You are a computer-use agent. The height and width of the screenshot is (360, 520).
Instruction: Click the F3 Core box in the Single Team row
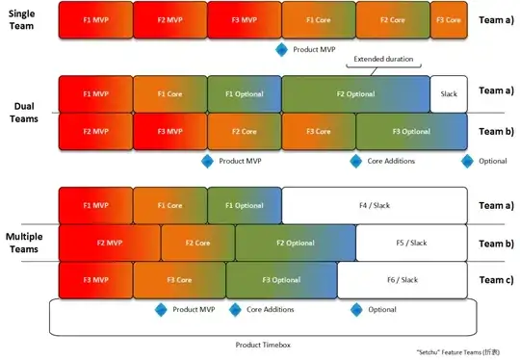click(x=447, y=19)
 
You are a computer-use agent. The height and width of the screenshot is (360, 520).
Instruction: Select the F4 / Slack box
click(x=375, y=205)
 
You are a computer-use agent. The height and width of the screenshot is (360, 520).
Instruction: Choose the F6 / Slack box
click(x=403, y=279)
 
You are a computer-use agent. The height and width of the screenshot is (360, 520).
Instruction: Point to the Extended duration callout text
click(x=385, y=60)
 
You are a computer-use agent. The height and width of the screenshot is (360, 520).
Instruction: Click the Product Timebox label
click(x=260, y=344)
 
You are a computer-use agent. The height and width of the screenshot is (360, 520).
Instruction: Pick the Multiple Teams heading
click(x=26, y=242)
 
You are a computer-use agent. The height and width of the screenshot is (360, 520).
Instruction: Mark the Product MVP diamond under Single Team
click(x=281, y=48)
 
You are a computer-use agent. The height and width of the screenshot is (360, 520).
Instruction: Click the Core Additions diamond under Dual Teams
click(x=355, y=160)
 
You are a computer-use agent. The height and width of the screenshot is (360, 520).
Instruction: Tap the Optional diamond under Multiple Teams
click(x=356, y=309)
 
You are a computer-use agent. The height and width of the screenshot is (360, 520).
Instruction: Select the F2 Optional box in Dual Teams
click(x=355, y=93)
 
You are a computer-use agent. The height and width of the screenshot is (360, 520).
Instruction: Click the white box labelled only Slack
click(x=449, y=93)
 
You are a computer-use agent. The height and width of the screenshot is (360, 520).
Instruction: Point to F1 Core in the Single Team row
click(x=319, y=19)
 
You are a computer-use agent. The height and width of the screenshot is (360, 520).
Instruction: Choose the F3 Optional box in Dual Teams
click(x=411, y=131)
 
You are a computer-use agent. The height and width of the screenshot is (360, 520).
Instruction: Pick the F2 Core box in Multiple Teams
click(x=197, y=243)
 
